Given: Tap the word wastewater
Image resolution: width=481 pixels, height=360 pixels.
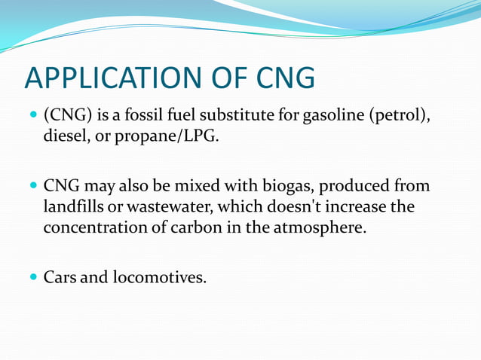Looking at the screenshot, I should point(167,207).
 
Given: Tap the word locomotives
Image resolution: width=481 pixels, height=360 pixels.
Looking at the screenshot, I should point(159,277).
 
